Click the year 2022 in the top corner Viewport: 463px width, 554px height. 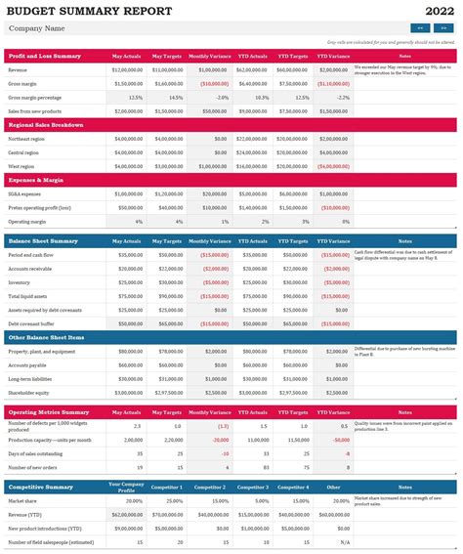[x=438, y=11]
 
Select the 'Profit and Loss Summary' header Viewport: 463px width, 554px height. [x=45, y=57]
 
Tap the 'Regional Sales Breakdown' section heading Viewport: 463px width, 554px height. [x=48, y=125]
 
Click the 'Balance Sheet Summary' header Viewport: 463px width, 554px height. [x=43, y=240]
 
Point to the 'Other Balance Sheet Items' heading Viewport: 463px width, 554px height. [x=46, y=337]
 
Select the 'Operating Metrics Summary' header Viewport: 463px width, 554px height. [x=48, y=412]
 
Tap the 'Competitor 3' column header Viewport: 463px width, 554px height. [x=253, y=487]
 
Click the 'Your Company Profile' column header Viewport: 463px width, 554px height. [x=127, y=487]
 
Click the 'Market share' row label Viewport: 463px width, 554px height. [x=24, y=500]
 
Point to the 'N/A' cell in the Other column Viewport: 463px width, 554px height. [x=343, y=541]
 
